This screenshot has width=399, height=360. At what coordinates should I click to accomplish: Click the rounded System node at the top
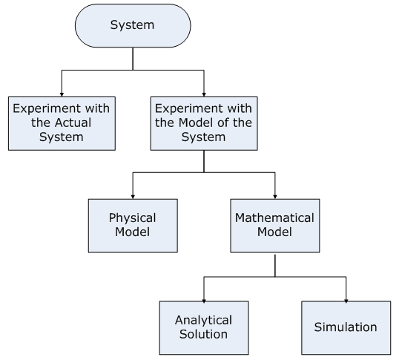pyautogui.click(x=133, y=25)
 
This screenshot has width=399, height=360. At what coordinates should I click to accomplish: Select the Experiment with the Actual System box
pyautogui.click(x=62, y=123)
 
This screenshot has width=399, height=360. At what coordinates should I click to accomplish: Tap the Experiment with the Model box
pyautogui.click(x=204, y=123)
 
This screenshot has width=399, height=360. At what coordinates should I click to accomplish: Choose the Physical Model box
pyautogui.click(x=133, y=226)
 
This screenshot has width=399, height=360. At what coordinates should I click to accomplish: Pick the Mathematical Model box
pyautogui.click(x=275, y=226)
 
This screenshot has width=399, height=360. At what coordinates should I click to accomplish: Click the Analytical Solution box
pyautogui.click(x=204, y=328)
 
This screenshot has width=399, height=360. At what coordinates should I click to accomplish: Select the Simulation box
pyautogui.click(x=346, y=328)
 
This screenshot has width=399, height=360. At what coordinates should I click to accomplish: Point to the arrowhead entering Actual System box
pyautogui.click(x=62, y=94)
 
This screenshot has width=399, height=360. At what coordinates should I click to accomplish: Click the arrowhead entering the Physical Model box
pyautogui.click(x=133, y=197)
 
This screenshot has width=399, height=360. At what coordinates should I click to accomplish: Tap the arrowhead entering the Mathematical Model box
pyautogui.click(x=275, y=197)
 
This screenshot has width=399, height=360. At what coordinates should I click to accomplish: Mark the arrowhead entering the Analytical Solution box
pyautogui.click(x=204, y=301)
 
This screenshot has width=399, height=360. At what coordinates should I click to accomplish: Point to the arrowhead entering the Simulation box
pyautogui.click(x=346, y=301)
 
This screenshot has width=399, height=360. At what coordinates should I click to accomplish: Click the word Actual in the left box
pyautogui.click(x=74, y=122)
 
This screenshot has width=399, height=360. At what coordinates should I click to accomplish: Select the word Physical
pyautogui.click(x=132, y=218)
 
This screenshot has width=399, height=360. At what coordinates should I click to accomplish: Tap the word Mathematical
pyautogui.click(x=274, y=217)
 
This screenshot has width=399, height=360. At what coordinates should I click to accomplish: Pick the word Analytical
pyautogui.click(x=203, y=321)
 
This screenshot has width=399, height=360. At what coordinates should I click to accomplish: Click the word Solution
pyautogui.click(x=203, y=334)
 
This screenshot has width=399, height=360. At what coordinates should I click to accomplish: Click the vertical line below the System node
pyautogui.click(x=133, y=59)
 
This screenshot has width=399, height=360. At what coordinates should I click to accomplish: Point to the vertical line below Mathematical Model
pyautogui.click(x=275, y=265)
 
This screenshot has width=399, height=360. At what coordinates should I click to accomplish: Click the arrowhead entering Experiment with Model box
pyautogui.click(x=204, y=94)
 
